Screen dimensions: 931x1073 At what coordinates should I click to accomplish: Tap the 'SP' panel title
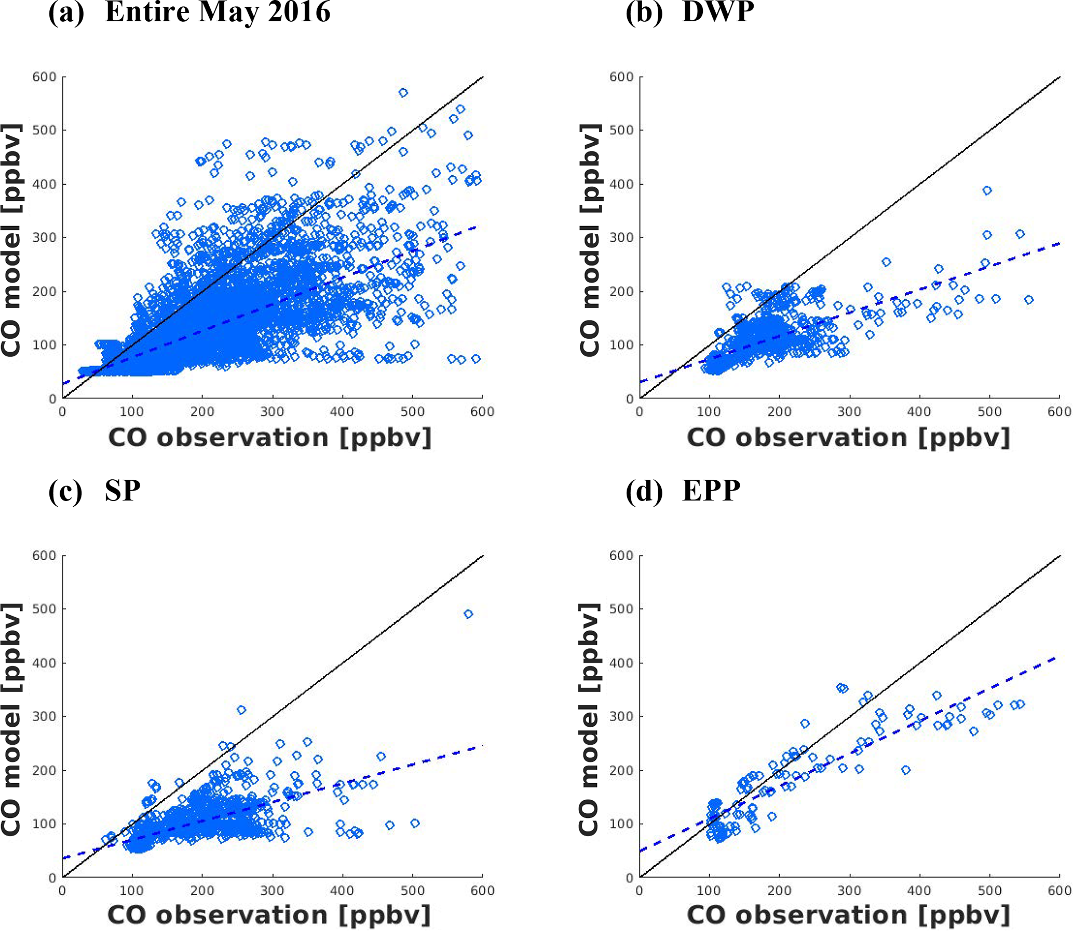click(x=122, y=490)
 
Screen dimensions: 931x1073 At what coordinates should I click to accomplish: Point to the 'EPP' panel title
click(x=711, y=490)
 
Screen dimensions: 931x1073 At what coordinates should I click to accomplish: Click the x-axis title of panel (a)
click(x=270, y=437)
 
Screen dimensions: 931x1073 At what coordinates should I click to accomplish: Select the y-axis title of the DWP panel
click(x=590, y=240)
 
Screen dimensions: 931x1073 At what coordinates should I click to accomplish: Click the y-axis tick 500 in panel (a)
click(x=44, y=130)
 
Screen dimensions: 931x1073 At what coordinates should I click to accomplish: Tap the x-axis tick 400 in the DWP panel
click(x=919, y=411)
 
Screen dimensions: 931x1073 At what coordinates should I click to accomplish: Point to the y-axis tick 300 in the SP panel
click(x=44, y=716)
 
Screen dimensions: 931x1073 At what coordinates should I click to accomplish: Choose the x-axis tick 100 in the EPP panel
click(x=709, y=891)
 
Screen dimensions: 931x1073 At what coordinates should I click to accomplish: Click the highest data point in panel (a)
click(x=403, y=92)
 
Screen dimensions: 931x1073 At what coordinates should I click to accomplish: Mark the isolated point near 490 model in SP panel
click(x=468, y=614)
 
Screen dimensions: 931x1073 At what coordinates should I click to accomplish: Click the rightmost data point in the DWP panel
click(x=1028, y=300)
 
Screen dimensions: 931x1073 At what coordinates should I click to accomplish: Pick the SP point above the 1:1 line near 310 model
click(x=241, y=710)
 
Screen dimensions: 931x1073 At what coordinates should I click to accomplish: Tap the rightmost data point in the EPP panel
click(x=1021, y=704)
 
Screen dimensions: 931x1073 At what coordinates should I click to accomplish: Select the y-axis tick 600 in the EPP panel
click(x=622, y=555)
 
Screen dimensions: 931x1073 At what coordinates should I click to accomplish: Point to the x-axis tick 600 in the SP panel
click(x=482, y=891)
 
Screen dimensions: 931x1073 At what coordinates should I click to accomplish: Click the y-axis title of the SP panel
click(x=11, y=719)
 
